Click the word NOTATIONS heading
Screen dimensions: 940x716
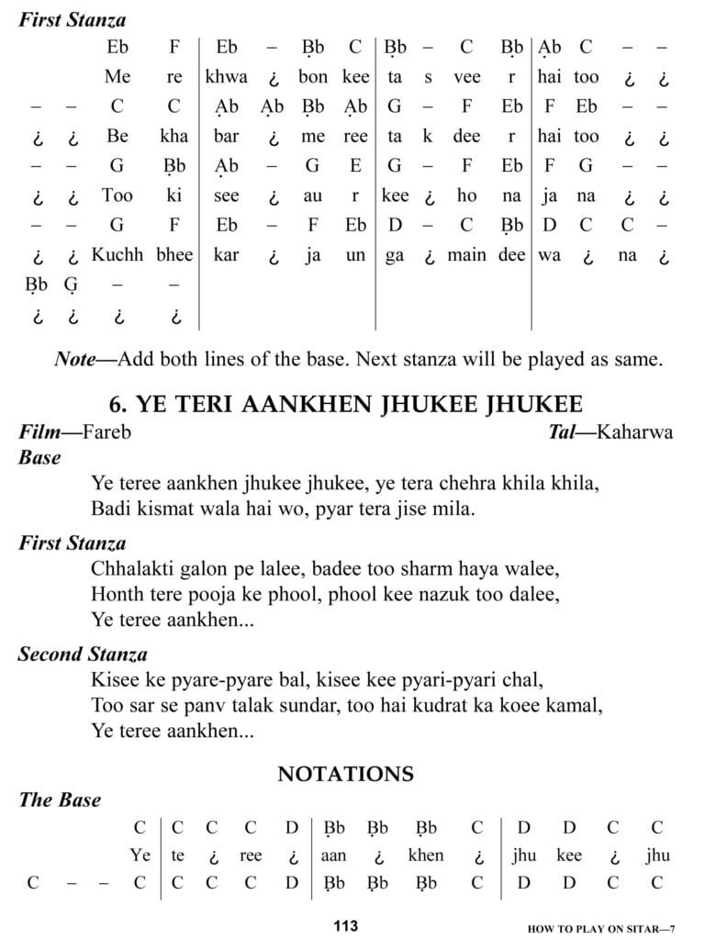point(345,774)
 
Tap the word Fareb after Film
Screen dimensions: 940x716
point(106,431)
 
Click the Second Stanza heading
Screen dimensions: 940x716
point(84,655)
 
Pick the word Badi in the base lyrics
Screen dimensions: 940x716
point(110,508)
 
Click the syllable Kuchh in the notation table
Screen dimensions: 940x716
point(117,254)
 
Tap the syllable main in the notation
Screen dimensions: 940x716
point(466,254)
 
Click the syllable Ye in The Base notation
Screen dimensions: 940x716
point(140,856)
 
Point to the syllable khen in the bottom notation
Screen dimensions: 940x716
point(425,856)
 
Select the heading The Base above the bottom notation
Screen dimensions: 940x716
point(60,800)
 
